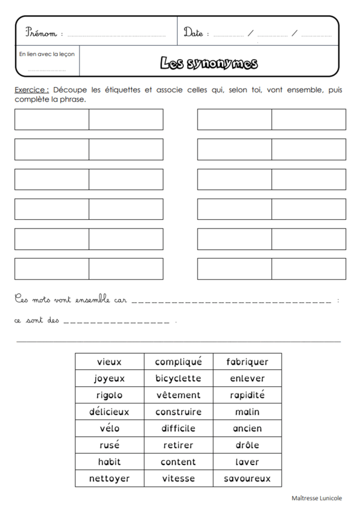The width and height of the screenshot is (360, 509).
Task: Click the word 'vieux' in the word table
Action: pos(109,362)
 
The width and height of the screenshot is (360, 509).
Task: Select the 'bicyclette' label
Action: pos(178,379)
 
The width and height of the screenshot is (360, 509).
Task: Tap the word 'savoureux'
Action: pos(247,479)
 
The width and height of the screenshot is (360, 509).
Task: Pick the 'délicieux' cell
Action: pos(109,412)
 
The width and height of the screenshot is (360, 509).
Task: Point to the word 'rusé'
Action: pos(109,445)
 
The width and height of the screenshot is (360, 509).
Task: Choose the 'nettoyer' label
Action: pos(109,479)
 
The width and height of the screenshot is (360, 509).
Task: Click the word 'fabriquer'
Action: pos(247,362)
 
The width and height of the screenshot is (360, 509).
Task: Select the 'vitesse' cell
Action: pos(178,479)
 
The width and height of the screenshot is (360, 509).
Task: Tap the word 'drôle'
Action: pos(247,445)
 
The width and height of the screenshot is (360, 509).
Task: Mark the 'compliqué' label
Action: pos(178,362)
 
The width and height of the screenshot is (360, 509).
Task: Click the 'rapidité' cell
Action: pos(247,395)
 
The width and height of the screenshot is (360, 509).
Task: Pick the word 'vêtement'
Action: pos(178,395)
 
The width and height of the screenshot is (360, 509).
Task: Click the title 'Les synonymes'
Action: pos(209,63)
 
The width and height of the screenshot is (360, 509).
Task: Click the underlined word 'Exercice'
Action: pos(32,90)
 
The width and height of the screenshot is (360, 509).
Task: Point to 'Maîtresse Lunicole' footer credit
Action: pos(317,498)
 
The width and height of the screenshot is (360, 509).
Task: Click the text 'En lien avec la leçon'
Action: pos(47,54)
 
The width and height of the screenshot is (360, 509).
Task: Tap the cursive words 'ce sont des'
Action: pos(37,321)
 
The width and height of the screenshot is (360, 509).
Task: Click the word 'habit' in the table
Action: pos(109,462)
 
